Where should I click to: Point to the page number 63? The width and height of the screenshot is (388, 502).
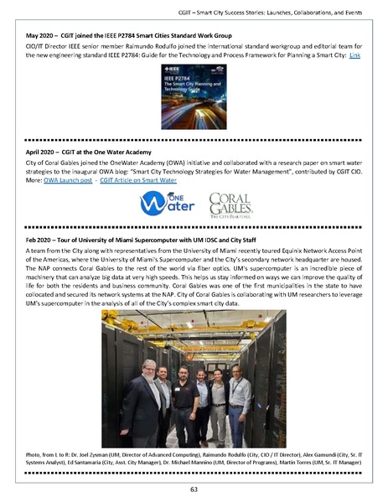pos(193,489)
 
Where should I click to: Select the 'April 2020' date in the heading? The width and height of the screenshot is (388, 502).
pos(43,151)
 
